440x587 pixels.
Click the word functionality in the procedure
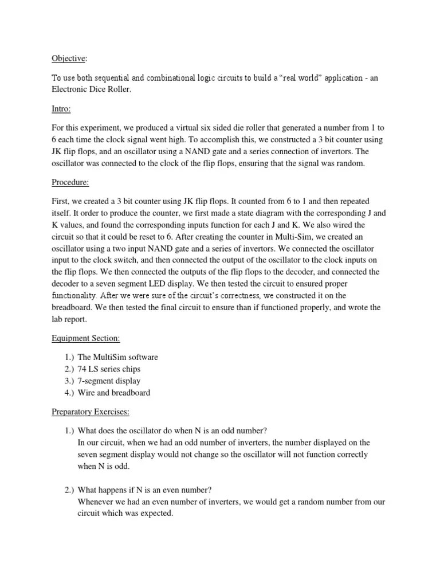coord(76,296)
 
